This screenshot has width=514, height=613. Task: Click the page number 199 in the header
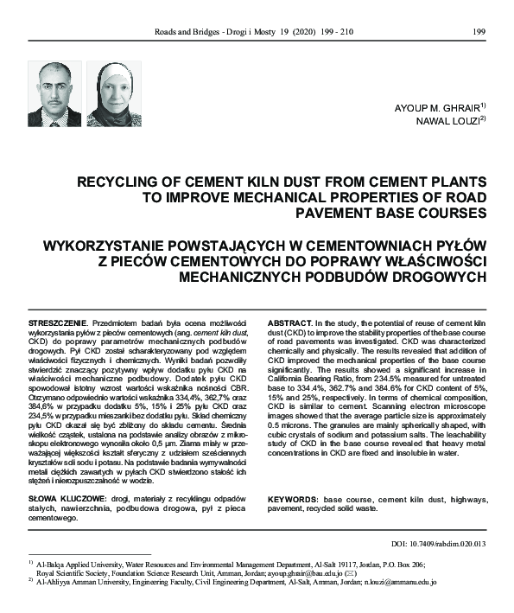(x=479, y=32)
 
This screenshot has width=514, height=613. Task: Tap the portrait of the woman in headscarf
(x=114, y=94)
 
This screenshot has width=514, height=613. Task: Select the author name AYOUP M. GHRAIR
(x=438, y=106)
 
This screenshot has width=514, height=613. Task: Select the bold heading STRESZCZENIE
(x=57, y=321)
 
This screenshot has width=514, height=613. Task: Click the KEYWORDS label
(x=295, y=500)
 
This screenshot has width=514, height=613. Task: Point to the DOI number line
(x=439, y=544)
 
